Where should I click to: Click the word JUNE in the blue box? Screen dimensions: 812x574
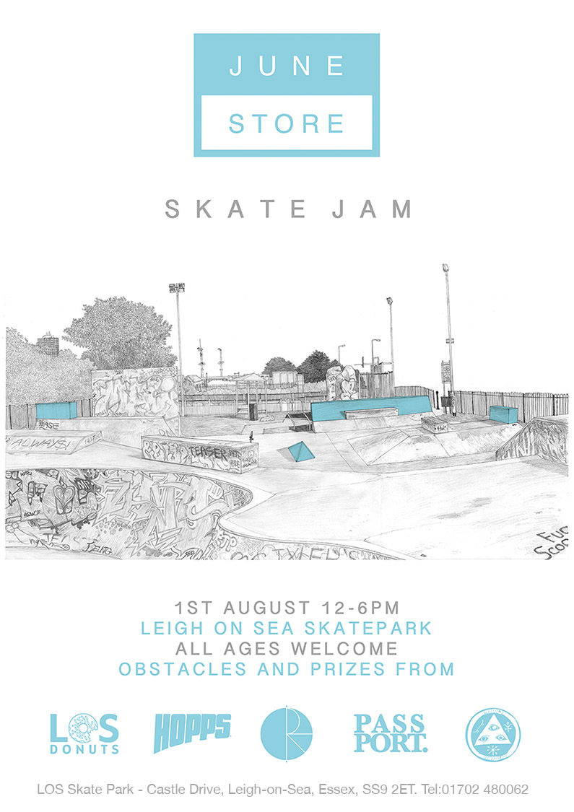287,66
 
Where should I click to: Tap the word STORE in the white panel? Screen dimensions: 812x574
287,123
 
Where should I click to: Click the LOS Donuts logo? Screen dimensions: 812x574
84,733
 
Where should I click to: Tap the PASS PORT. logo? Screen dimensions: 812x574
390,733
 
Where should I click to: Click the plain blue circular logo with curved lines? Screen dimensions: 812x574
287,733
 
